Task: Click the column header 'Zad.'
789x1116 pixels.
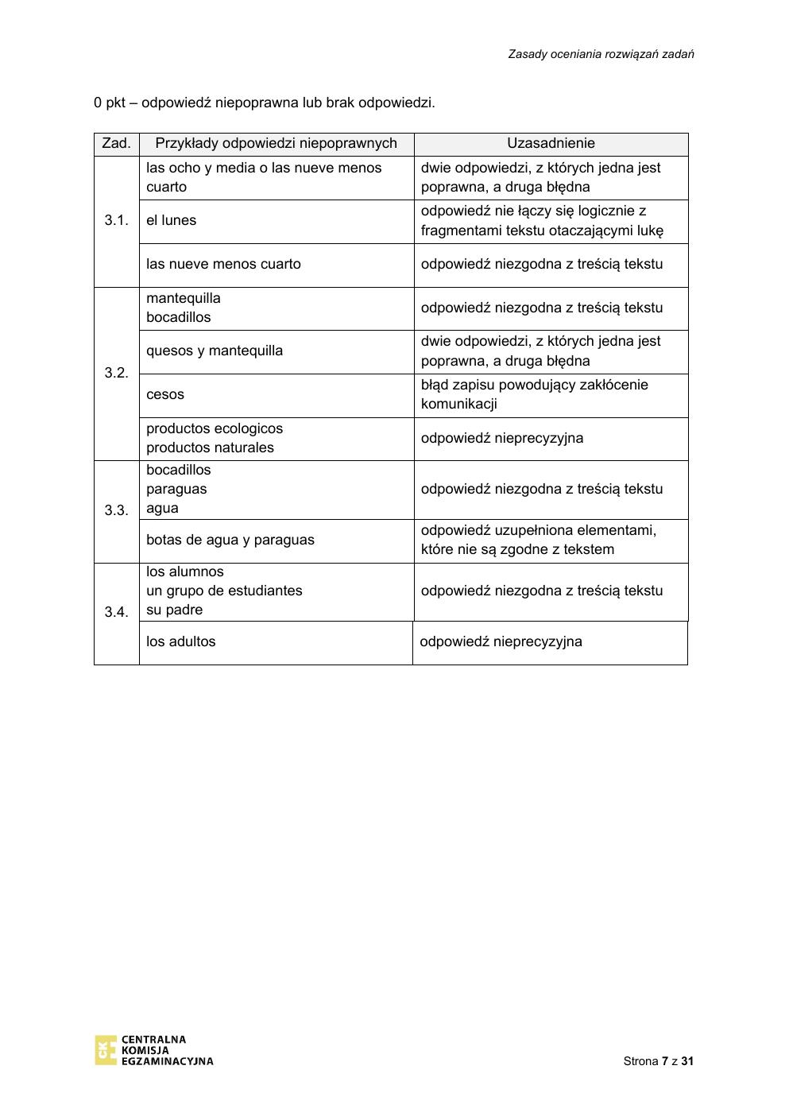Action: pos(116,144)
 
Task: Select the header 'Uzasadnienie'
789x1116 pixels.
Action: pos(551,144)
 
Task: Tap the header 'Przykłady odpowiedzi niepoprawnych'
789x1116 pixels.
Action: pos(276,144)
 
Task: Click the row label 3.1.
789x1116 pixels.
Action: pos(116,220)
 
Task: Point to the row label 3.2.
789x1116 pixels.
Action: pos(116,373)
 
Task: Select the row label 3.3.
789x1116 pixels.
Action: pos(116,510)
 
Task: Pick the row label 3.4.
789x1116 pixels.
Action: pos(116,612)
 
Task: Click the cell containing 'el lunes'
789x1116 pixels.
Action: pos(171,220)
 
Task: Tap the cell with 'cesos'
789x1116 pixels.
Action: pos(165,394)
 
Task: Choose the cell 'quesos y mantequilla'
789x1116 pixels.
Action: pos(215,351)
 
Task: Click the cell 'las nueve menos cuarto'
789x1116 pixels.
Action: pos(223,264)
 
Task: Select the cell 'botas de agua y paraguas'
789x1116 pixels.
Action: pos(230,540)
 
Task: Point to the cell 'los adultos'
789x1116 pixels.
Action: pos(180,641)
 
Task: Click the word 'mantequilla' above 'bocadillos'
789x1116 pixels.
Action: pos(184,298)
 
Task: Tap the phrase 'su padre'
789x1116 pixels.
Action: pos(174,610)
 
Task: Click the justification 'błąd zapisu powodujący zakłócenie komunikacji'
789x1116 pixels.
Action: pos(534,394)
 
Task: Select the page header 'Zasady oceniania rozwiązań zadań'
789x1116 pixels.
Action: pos(601,54)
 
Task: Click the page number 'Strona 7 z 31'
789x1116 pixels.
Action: pos(658,1061)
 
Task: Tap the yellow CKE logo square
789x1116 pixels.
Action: pos(105,1050)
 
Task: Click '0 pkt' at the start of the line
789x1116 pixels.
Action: pos(109,103)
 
